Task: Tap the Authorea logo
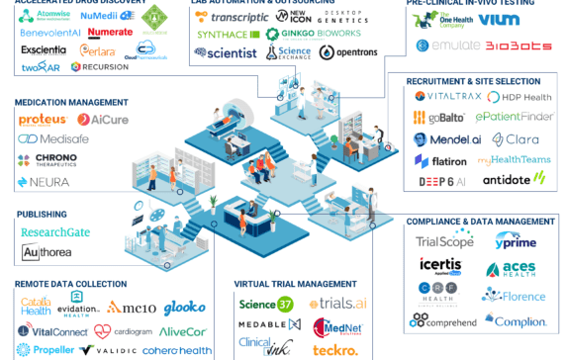click(x=50, y=253)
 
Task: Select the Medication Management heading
click(x=70, y=102)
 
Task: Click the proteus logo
click(x=43, y=120)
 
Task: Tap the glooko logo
click(x=184, y=308)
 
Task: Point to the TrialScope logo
click(x=444, y=241)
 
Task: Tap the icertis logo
click(x=439, y=268)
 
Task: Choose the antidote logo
click(x=513, y=179)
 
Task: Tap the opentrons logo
click(x=341, y=52)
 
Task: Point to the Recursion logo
click(x=100, y=67)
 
